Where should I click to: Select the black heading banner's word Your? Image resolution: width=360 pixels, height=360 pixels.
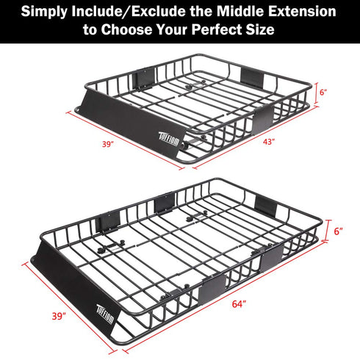coord(193,32)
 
